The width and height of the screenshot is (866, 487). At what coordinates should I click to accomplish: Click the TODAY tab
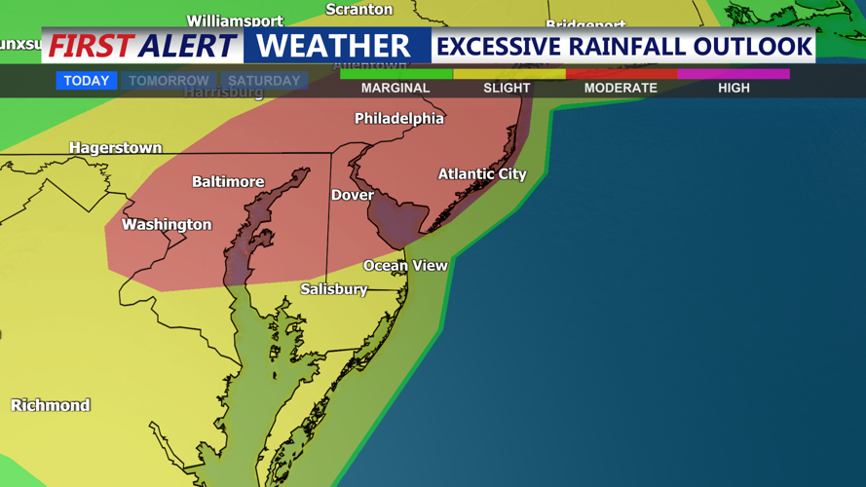[x=87, y=81]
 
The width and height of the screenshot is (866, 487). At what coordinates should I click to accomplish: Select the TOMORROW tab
[x=169, y=81]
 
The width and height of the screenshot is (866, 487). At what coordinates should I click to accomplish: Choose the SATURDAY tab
[x=264, y=81]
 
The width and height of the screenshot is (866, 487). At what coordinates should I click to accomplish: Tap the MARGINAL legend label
[x=395, y=88]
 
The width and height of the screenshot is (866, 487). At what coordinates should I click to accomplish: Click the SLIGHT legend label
[x=508, y=88]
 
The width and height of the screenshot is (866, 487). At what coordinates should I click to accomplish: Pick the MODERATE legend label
[x=621, y=88]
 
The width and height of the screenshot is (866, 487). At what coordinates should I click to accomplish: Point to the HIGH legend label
[x=734, y=88]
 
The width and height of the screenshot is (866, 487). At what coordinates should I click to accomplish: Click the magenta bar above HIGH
[x=734, y=74]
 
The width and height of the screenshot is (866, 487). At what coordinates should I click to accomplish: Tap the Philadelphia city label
[x=399, y=119]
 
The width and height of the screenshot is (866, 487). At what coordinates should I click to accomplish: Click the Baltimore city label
[x=228, y=182]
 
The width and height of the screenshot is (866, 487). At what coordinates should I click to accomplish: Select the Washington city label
[x=167, y=225]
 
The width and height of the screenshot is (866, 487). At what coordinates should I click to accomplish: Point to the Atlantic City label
[x=482, y=174]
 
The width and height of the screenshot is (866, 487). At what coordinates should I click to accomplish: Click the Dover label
[x=353, y=195]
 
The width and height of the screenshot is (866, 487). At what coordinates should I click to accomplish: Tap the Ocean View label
[x=405, y=265]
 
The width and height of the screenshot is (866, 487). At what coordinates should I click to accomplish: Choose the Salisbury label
[x=334, y=289]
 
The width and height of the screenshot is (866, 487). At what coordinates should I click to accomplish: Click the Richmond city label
[x=51, y=405]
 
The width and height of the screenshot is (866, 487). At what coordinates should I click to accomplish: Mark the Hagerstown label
[x=115, y=148]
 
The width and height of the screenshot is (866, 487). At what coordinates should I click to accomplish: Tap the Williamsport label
[x=235, y=20]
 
